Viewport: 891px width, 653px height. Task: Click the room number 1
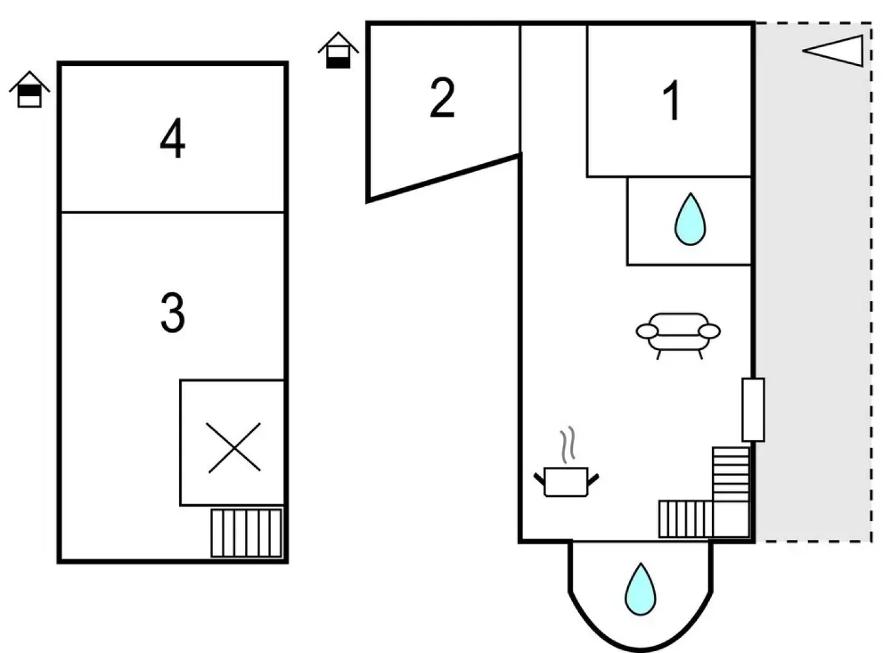click(671, 100)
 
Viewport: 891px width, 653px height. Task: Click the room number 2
click(442, 98)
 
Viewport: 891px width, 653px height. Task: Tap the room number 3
click(172, 312)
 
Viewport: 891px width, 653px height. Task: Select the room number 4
click(172, 139)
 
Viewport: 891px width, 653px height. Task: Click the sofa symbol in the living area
click(678, 333)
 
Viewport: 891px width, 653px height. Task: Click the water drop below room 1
click(690, 219)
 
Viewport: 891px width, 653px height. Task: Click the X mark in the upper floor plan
click(233, 447)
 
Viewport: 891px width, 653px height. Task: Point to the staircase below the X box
click(246, 533)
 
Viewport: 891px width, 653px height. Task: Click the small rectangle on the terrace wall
click(753, 409)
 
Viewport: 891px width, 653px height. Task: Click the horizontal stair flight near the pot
click(685, 519)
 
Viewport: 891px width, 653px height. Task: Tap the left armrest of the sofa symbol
click(647, 331)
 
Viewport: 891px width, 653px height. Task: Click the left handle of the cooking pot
click(539, 479)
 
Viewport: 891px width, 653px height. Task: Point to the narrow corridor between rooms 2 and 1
click(553, 91)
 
